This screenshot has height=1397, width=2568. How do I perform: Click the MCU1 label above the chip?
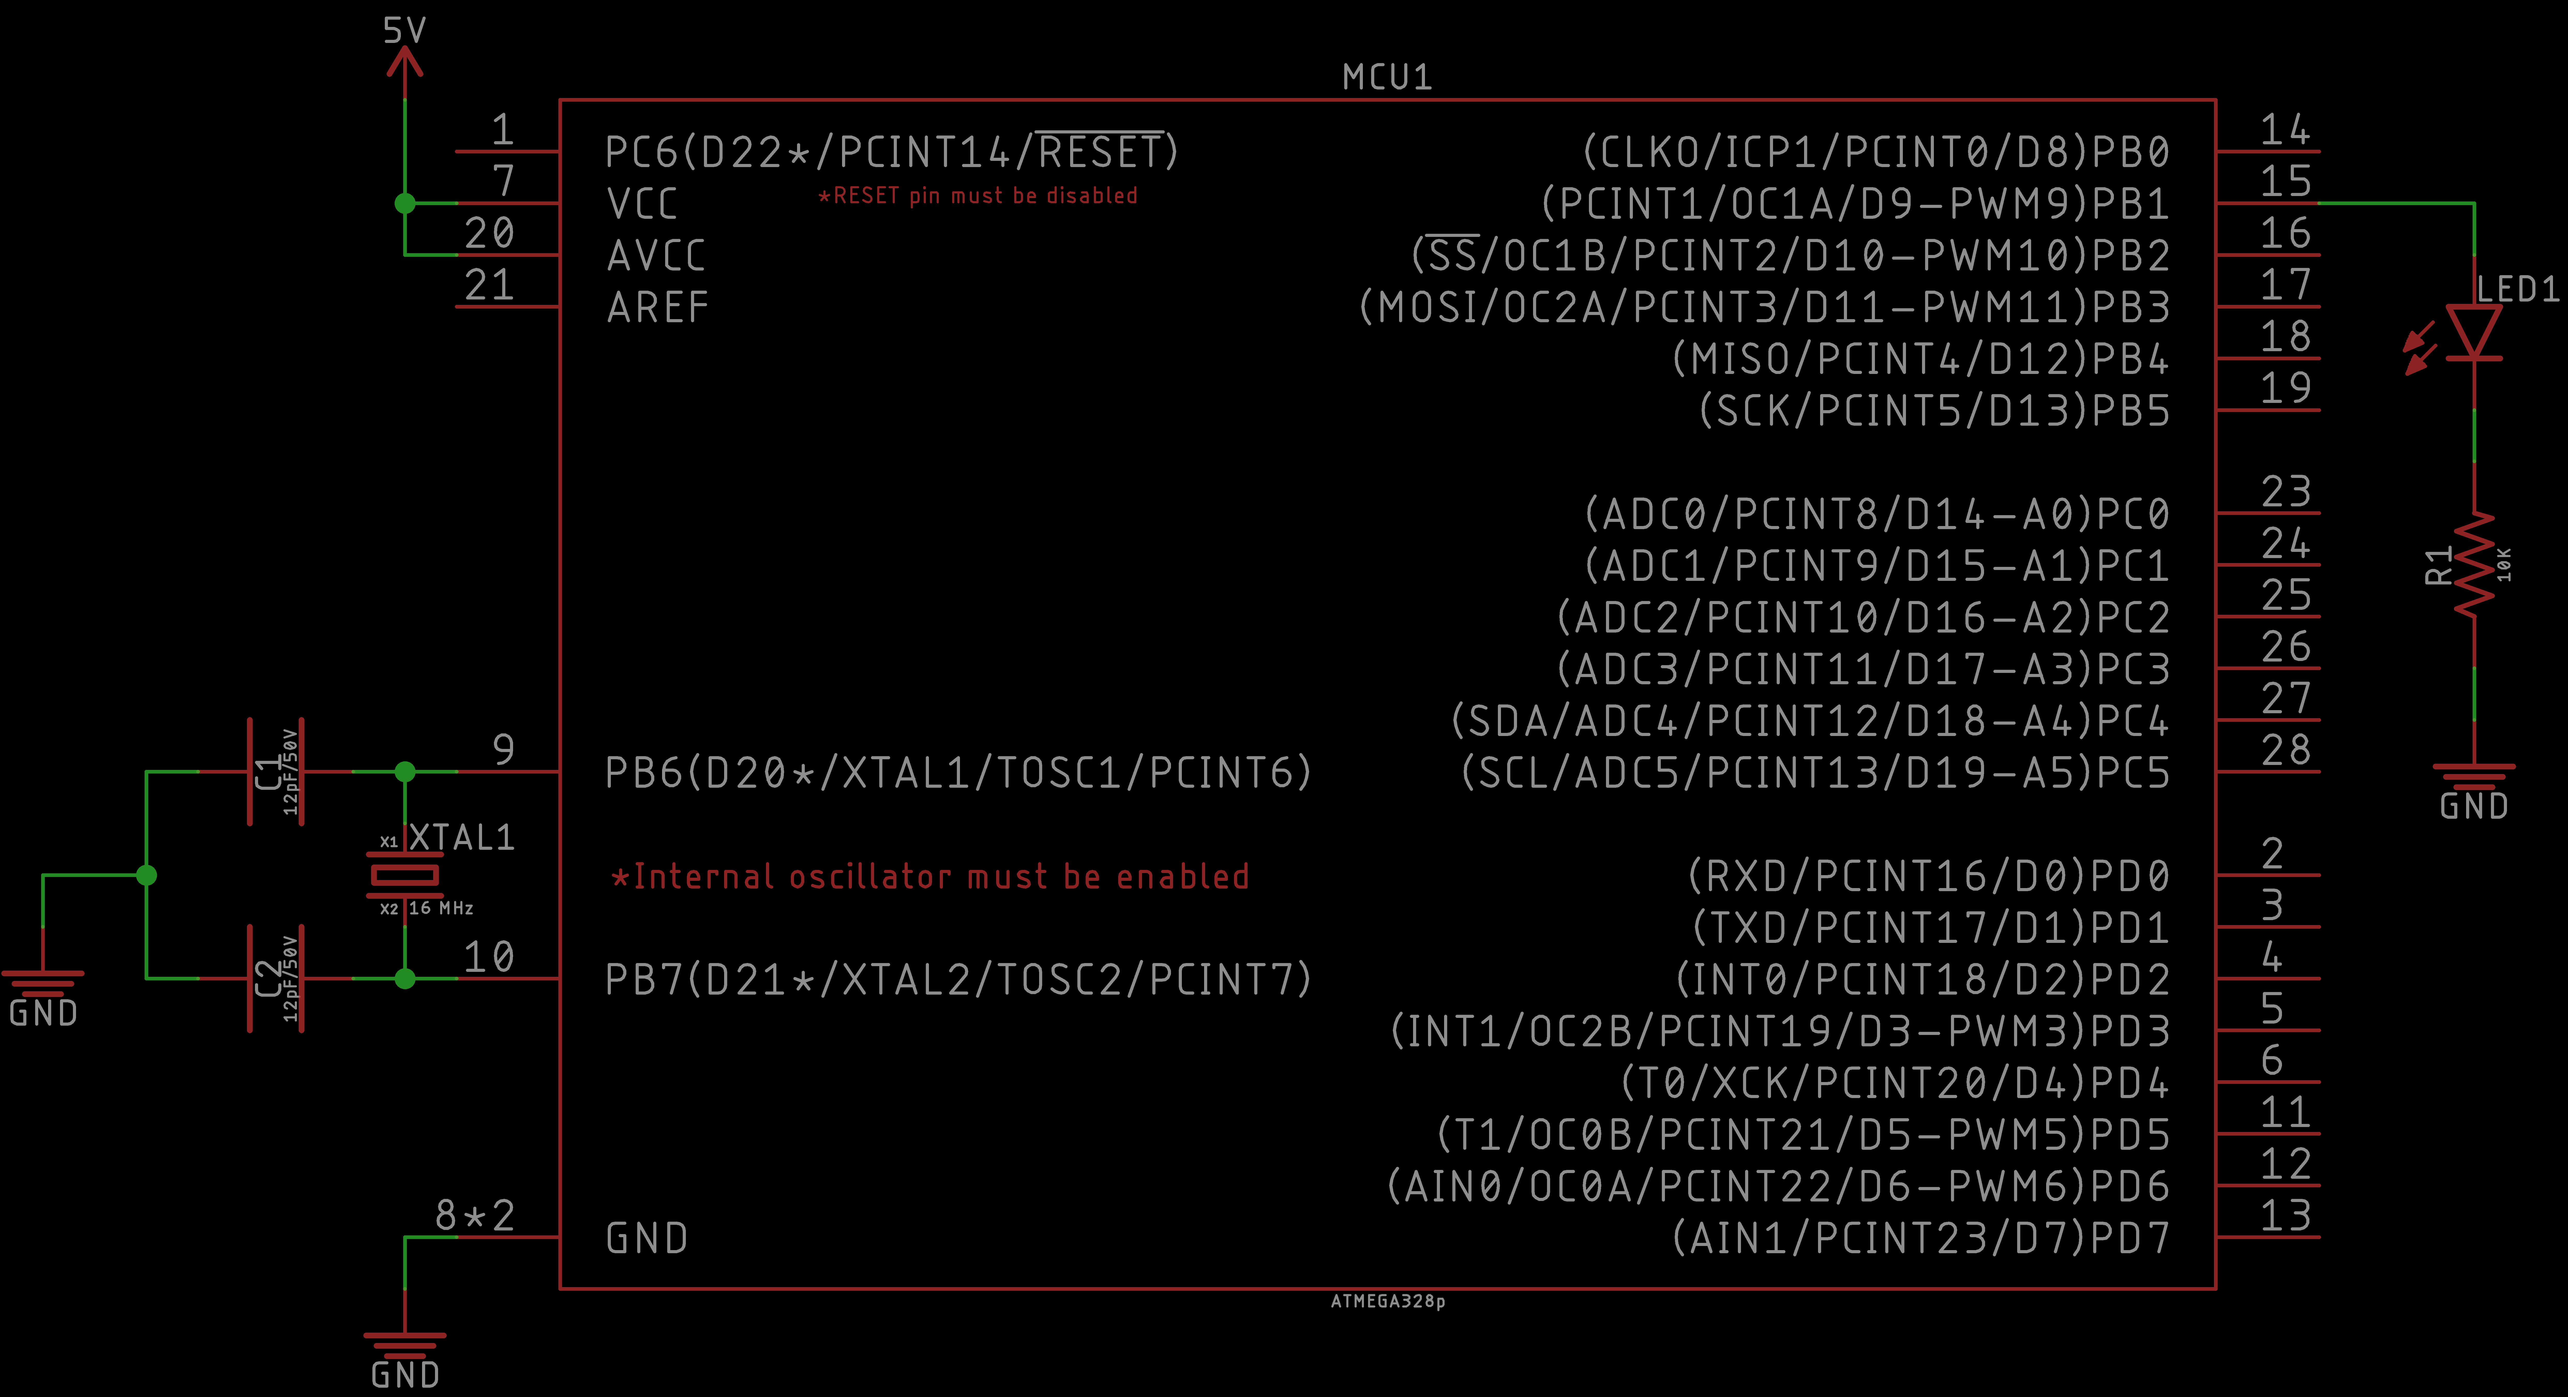point(1387,77)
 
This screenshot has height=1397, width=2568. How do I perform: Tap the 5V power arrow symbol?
point(405,62)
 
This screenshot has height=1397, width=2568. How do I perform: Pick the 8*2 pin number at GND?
point(475,1215)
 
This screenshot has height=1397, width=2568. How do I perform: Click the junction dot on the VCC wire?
point(405,204)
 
